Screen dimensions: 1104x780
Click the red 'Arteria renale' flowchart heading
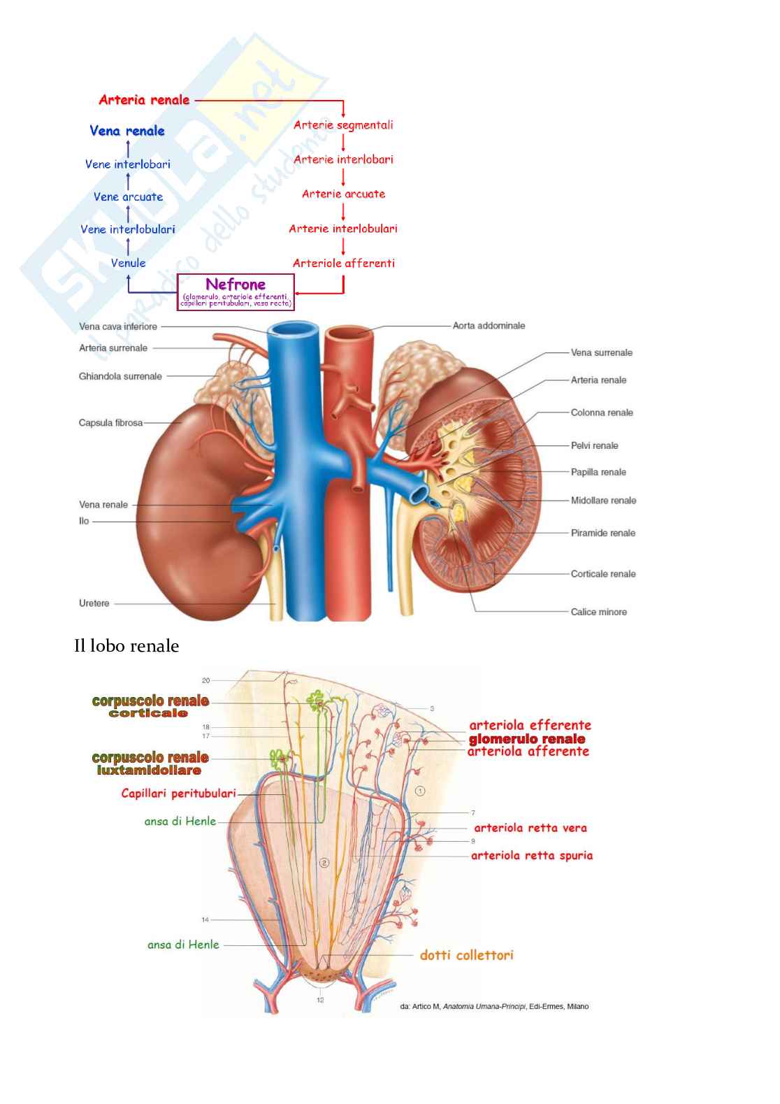(144, 100)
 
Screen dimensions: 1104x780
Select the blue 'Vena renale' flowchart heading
(127, 131)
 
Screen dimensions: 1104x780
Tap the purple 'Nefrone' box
(236, 292)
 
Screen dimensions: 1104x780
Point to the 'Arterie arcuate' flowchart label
(343, 194)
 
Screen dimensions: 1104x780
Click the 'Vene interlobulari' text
(127, 229)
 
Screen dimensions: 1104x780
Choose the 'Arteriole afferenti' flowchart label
(343, 263)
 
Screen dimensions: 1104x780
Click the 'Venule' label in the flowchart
(128, 263)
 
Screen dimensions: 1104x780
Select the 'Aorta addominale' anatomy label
(489, 326)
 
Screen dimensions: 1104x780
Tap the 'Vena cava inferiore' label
(118, 327)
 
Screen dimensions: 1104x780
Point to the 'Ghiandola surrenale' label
(120, 376)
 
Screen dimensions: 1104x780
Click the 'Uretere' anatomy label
(94, 603)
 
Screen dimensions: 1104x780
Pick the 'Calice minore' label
(598, 612)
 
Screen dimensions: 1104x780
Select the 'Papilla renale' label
(598, 472)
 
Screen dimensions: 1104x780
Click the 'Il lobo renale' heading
(127, 646)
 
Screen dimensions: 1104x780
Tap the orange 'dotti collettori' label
(466, 955)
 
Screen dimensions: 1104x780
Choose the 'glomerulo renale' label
(527, 739)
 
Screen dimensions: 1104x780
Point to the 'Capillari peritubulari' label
(178, 794)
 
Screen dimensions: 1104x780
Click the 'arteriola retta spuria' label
(531, 855)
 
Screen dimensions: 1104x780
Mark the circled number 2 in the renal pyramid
(324, 863)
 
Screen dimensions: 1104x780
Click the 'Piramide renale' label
(602, 533)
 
